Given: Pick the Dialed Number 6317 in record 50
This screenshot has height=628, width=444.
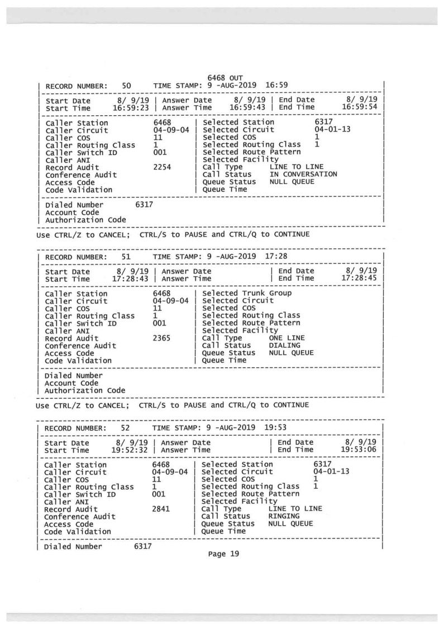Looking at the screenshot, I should coord(146,205).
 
